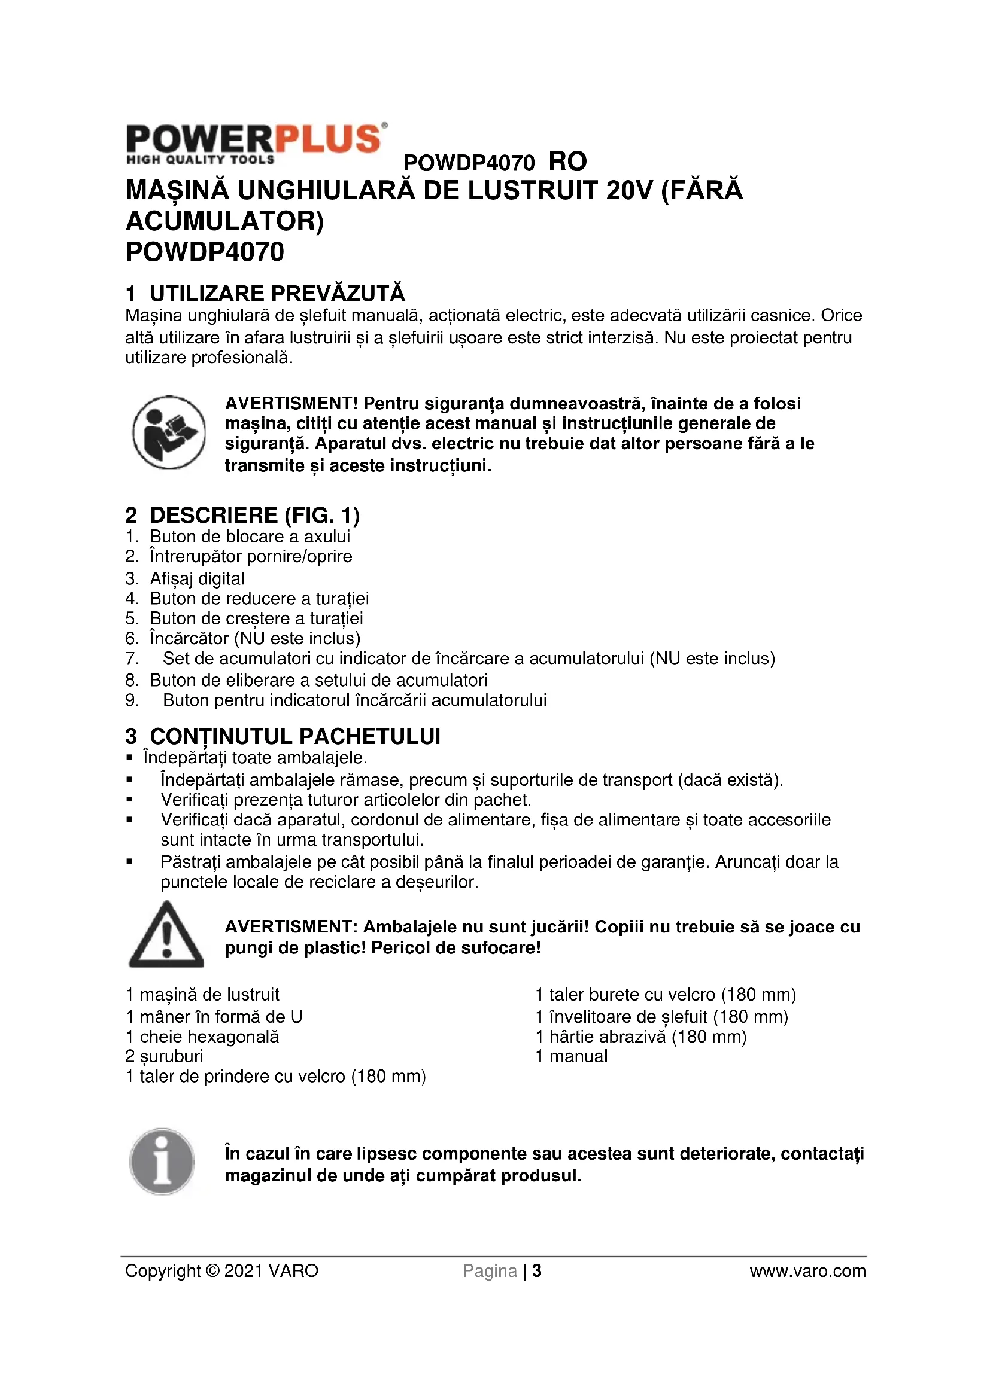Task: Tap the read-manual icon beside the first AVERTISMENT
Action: [x=169, y=432]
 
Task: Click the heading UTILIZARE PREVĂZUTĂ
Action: [x=277, y=294]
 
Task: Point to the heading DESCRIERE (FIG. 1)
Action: [x=255, y=516]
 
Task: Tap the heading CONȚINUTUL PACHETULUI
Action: [x=295, y=737]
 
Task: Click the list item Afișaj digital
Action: [x=197, y=578]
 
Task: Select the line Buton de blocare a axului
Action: [x=250, y=537]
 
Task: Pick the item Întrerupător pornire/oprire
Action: [x=251, y=557]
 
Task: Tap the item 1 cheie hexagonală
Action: [x=202, y=1037]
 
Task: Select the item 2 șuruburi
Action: [x=165, y=1056]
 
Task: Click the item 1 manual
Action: [x=571, y=1056]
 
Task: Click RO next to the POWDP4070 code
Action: [x=567, y=162]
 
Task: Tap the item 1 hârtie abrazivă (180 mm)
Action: [x=640, y=1037]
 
